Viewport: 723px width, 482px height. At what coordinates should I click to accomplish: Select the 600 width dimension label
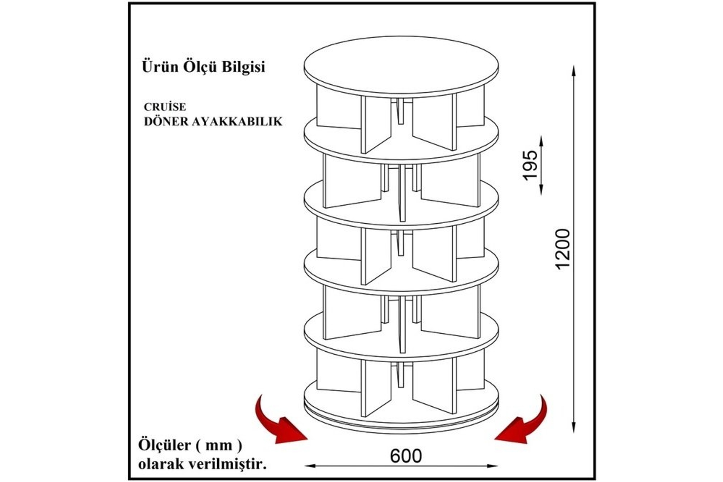tap(406, 456)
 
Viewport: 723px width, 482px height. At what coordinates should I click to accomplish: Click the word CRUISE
tap(165, 107)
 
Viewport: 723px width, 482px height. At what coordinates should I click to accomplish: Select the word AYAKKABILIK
tap(237, 122)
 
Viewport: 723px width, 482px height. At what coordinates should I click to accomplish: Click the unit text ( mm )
tap(219, 445)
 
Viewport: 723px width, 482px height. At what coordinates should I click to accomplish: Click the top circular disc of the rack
tap(401, 66)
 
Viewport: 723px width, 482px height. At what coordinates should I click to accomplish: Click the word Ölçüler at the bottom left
tap(165, 445)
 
